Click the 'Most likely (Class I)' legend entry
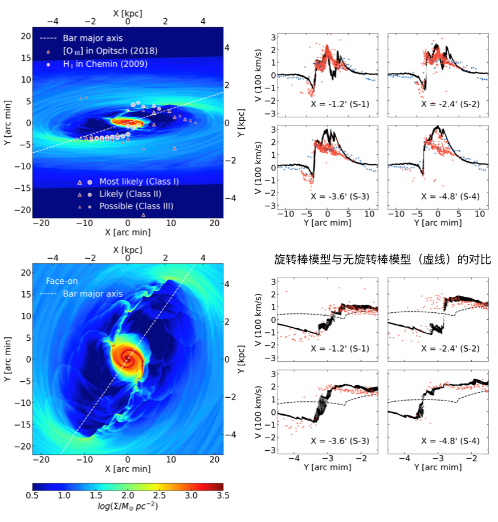click(139, 182)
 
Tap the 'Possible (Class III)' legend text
click(136, 206)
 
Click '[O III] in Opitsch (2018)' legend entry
click(110, 51)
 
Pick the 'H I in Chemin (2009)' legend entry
click(105, 64)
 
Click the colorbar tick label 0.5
click(32, 496)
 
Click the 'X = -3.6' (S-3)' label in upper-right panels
click(337, 197)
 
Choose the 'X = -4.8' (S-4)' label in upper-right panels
click(448, 197)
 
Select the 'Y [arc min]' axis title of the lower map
click(7, 359)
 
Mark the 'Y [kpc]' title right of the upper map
click(244, 123)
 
